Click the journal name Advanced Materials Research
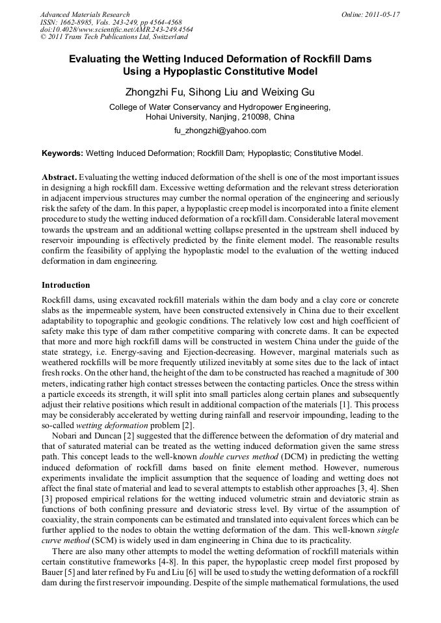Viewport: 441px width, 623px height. coord(85,14)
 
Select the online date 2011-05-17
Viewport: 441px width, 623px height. coord(383,14)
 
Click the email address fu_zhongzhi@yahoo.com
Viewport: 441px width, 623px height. coord(220,131)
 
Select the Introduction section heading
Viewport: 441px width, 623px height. coord(66,285)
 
